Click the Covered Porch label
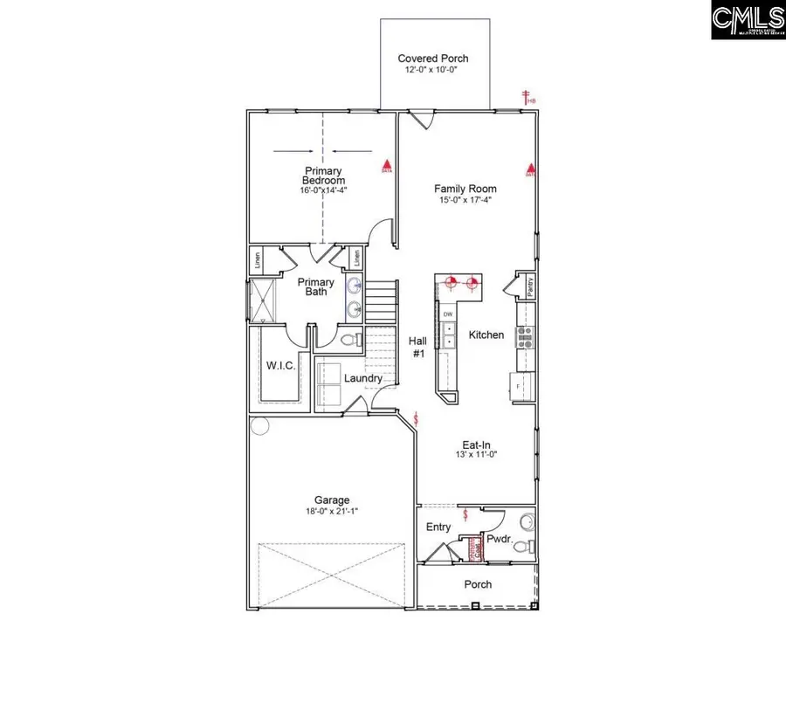[x=433, y=59]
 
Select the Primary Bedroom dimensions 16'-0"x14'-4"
[x=323, y=190]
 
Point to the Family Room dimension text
[x=465, y=200]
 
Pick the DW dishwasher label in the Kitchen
[x=448, y=314]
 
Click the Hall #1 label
[x=417, y=348]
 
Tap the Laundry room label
[x=362, y=378]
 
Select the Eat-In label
[x=476, y=445]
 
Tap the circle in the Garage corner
[x=259, y=426]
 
